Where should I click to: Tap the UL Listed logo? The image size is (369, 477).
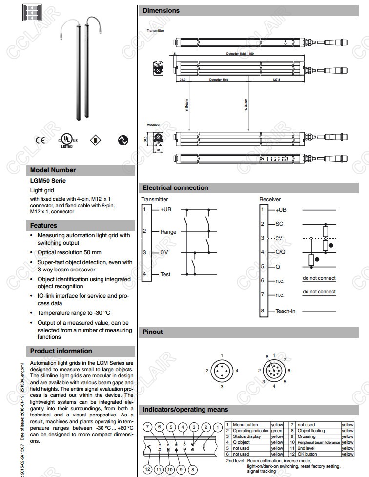(x=66, y=139)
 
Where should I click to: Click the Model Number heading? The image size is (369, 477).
(x=53, y=170)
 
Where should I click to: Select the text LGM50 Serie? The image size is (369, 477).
(x=48, y=181)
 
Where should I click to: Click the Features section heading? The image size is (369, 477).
(x=43, y=226)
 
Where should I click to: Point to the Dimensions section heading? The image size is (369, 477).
(x=161, y=11)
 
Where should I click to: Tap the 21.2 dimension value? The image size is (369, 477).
(x=182, y=79)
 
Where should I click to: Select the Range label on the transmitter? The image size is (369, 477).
(x=168, y=232)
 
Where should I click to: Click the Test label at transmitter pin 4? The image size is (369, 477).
(x=165, y=275)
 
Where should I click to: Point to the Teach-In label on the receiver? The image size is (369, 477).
(x=286, y=311)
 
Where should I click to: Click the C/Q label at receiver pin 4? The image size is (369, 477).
(x=280, y=252)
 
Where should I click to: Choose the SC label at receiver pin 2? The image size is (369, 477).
(x=279, y=224)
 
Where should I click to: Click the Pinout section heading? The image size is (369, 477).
(x=153, y=332)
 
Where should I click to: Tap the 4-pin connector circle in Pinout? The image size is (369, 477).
(x=222, y=371)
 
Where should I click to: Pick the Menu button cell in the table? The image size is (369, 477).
(x=245, y=425)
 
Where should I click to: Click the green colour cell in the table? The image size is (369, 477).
(x=277, y=431)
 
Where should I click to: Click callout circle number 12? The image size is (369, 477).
(x=148, y=470)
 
